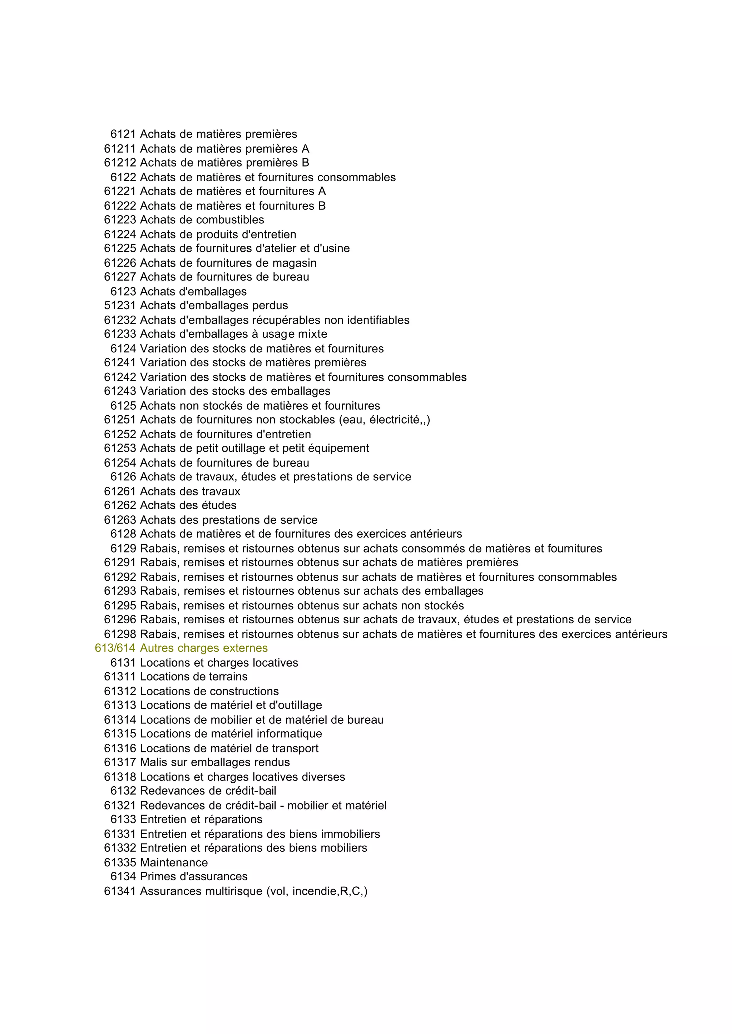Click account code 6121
tap(123, 134)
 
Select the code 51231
tap(119, 306)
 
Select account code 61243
tap(119, 391)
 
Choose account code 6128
tap(123, 534)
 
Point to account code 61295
tap(119, 605)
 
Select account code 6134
tap(123, 877)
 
